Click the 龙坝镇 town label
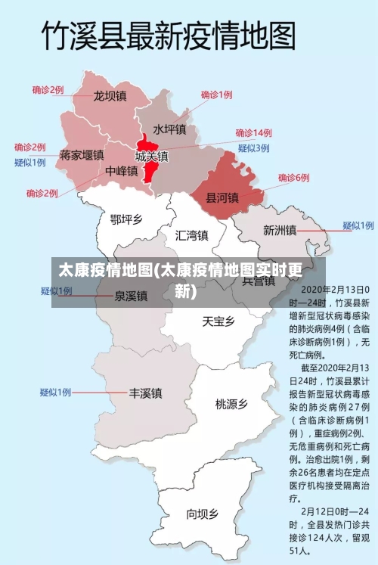(110, 97)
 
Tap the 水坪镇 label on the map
(169, 129)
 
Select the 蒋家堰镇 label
(81, 155)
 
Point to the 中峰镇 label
(121, 171)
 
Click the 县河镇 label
(222, 197)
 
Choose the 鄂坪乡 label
(125, 219)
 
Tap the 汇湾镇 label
(191, 235)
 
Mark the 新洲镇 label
(280, 230)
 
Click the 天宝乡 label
(218, 321)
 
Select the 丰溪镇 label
(145, 393)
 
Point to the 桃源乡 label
(231, 404)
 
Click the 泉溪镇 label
(131, 296)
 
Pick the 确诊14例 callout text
(253, 133)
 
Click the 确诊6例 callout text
(293, 178)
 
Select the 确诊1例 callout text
(216, 95)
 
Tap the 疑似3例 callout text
(253, 148)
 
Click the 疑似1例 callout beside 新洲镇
(358, 225)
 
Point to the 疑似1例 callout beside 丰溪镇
(55, 393)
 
